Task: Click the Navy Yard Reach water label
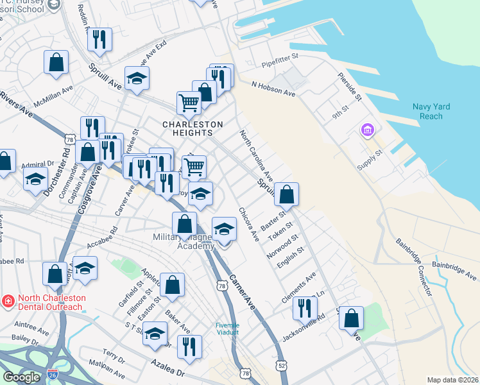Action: pos(431,112)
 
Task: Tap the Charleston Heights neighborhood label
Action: pos(193,128)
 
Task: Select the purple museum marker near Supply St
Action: pos(367,131)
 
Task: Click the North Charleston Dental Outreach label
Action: pos(50,302)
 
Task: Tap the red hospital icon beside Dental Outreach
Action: pos(8,299)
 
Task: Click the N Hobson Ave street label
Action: pos(273,89)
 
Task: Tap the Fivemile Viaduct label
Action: pos(227,329)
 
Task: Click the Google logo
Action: pos(21,377)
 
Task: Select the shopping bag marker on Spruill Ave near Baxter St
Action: pos(287,193)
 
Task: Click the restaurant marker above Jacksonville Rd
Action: pos(305,307)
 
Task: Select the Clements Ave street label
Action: pos(299,289)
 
